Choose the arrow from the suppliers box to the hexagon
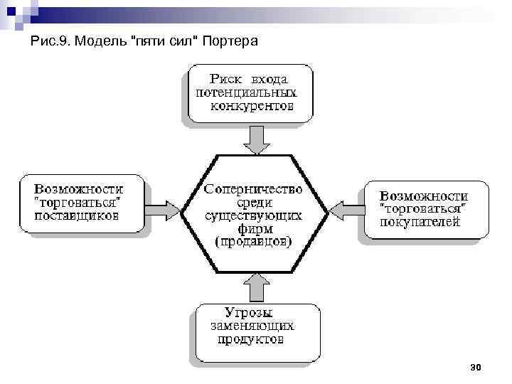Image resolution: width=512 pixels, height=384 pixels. pos(166,209)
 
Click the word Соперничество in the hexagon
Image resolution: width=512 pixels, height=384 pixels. pos(253,190)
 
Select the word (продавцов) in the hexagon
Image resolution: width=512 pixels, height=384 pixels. pos(253,241)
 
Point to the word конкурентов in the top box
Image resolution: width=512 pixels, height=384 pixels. pos(252,107)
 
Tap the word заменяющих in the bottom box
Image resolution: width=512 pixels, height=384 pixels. pos(252,326)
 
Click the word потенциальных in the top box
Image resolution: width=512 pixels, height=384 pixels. pos(246,92)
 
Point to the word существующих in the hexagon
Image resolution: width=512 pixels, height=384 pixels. pos(253,215)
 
